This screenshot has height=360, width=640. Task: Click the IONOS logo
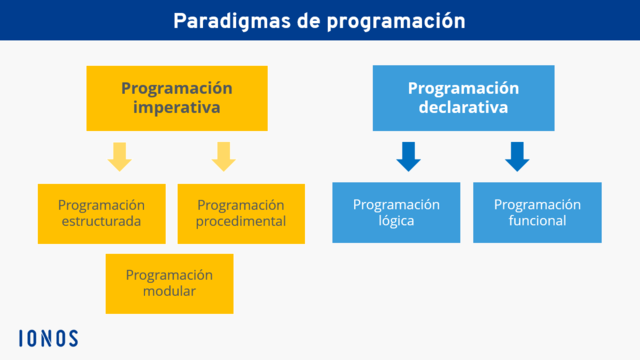[48, 338]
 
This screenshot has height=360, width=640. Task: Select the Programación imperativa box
[176, 98]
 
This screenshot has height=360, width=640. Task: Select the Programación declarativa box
[463, 98]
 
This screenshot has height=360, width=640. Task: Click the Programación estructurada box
[101, 213]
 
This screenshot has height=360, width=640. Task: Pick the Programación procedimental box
[241, 213]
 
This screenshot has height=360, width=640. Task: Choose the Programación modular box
[169, 283]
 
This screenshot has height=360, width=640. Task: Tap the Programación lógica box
[396, 213]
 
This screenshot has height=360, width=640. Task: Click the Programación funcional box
[537, 213]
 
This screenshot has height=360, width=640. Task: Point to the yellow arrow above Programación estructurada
[120, 156]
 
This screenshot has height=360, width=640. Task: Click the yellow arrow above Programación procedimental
[223, 156]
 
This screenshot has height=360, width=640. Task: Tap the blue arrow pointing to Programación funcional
[517, 156]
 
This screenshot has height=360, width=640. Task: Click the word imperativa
[176, 108]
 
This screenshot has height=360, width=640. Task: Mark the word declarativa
[463, 108]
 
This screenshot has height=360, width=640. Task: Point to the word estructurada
[101, 222]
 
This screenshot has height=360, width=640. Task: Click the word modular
[169, 292]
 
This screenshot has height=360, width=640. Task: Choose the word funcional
[537, 222]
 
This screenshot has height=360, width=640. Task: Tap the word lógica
[396, 222]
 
